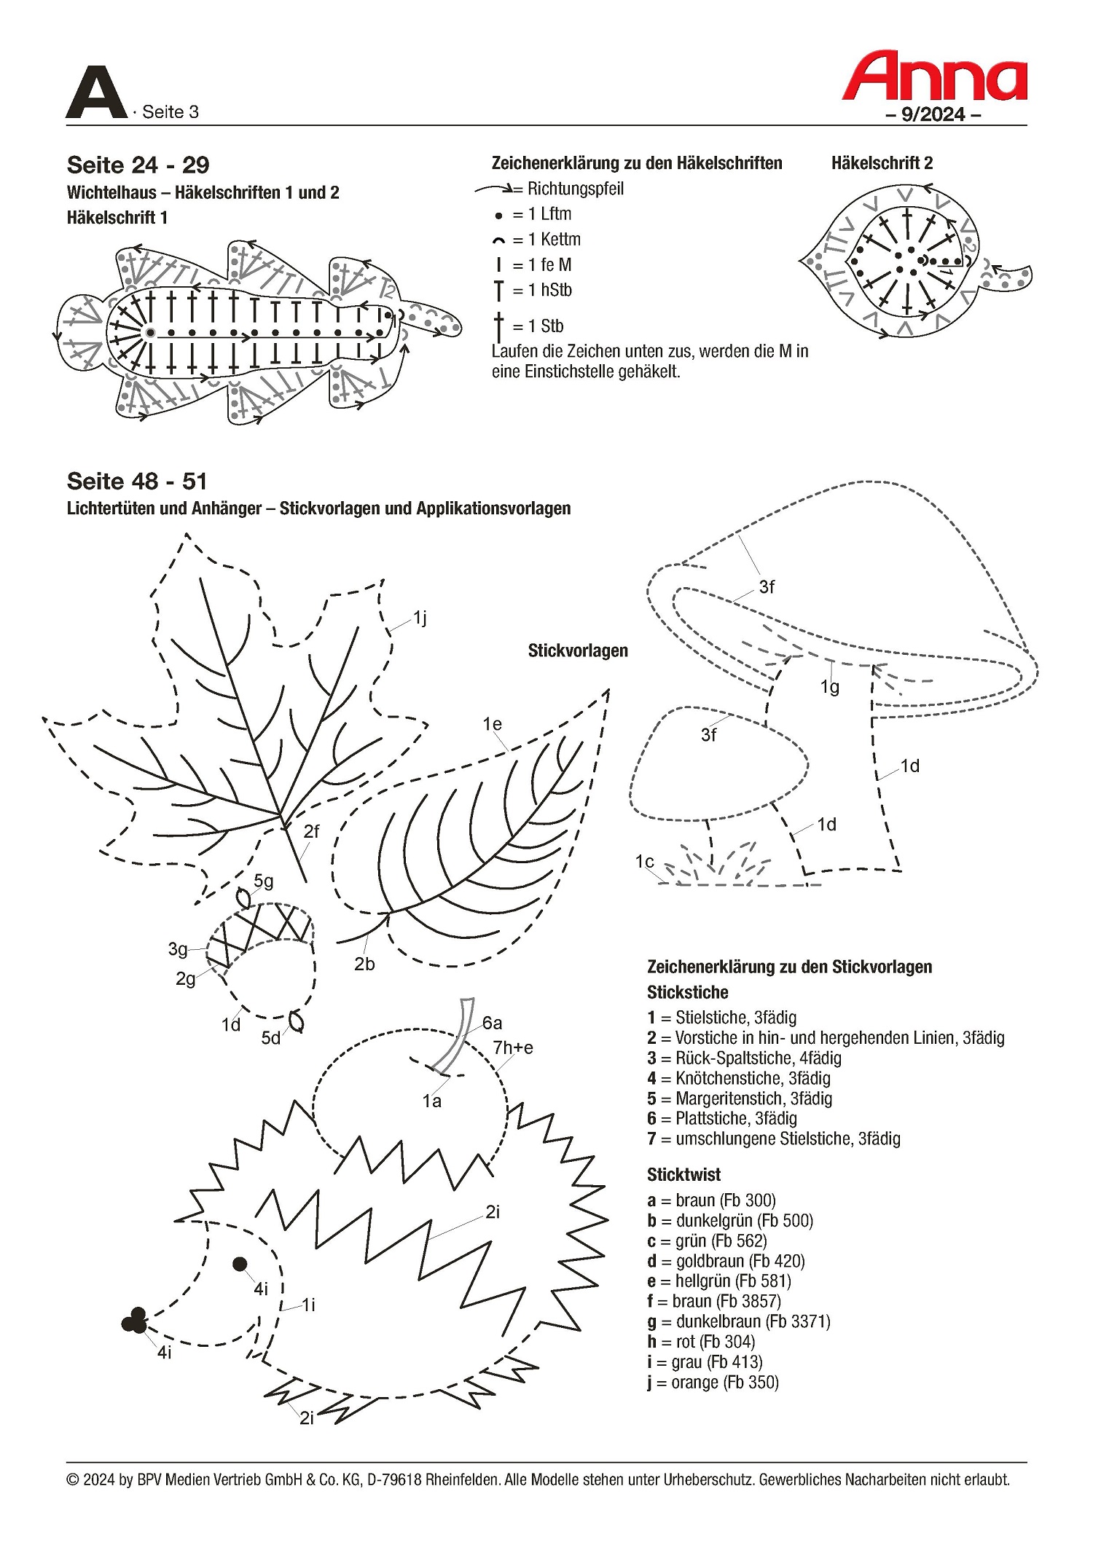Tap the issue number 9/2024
pos(933,114)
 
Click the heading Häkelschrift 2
pos(882,163)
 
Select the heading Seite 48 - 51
pos(137,481)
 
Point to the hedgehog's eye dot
pos(240,1264)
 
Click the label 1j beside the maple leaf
pos(420,618)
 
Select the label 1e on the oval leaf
pos(492,724)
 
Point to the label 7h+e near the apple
pos(513,1047)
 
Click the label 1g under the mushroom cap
pos(829,686)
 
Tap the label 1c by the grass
pos(644,861)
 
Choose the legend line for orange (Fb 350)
pos(713,1382)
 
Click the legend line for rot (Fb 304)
pos(701,1341)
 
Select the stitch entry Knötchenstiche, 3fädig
pos(739,1078)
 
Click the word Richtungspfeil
pos(575,189)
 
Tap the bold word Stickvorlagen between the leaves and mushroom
pos(578,650)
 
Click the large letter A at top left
pos(96,93)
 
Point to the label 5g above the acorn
pos(264,881)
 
